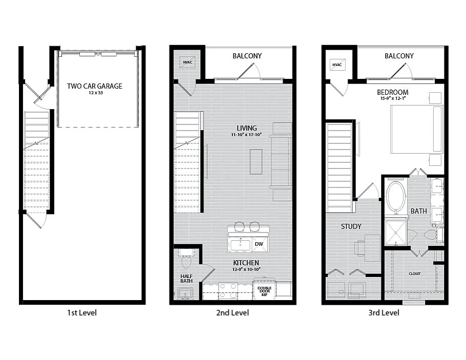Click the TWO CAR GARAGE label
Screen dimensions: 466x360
95,86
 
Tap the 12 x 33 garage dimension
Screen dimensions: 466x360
95,93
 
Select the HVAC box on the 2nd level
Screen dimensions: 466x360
187,62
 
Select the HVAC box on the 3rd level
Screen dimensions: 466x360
337,65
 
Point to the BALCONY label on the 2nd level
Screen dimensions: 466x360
247,56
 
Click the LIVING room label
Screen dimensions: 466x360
247,128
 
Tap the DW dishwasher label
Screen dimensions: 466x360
259,244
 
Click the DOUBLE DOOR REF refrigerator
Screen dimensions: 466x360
264,289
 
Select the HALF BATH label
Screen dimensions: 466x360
186,279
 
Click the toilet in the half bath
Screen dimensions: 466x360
186,258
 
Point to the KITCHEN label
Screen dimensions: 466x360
246,263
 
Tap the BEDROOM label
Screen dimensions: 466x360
393,92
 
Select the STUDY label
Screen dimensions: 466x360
351,226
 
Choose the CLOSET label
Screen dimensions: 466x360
415,273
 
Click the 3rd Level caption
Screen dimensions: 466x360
384,313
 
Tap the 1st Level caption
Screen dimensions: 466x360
82,313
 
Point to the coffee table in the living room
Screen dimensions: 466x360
256,161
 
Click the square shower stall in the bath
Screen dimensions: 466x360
395,233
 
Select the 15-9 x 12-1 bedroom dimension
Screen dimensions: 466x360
393,98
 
